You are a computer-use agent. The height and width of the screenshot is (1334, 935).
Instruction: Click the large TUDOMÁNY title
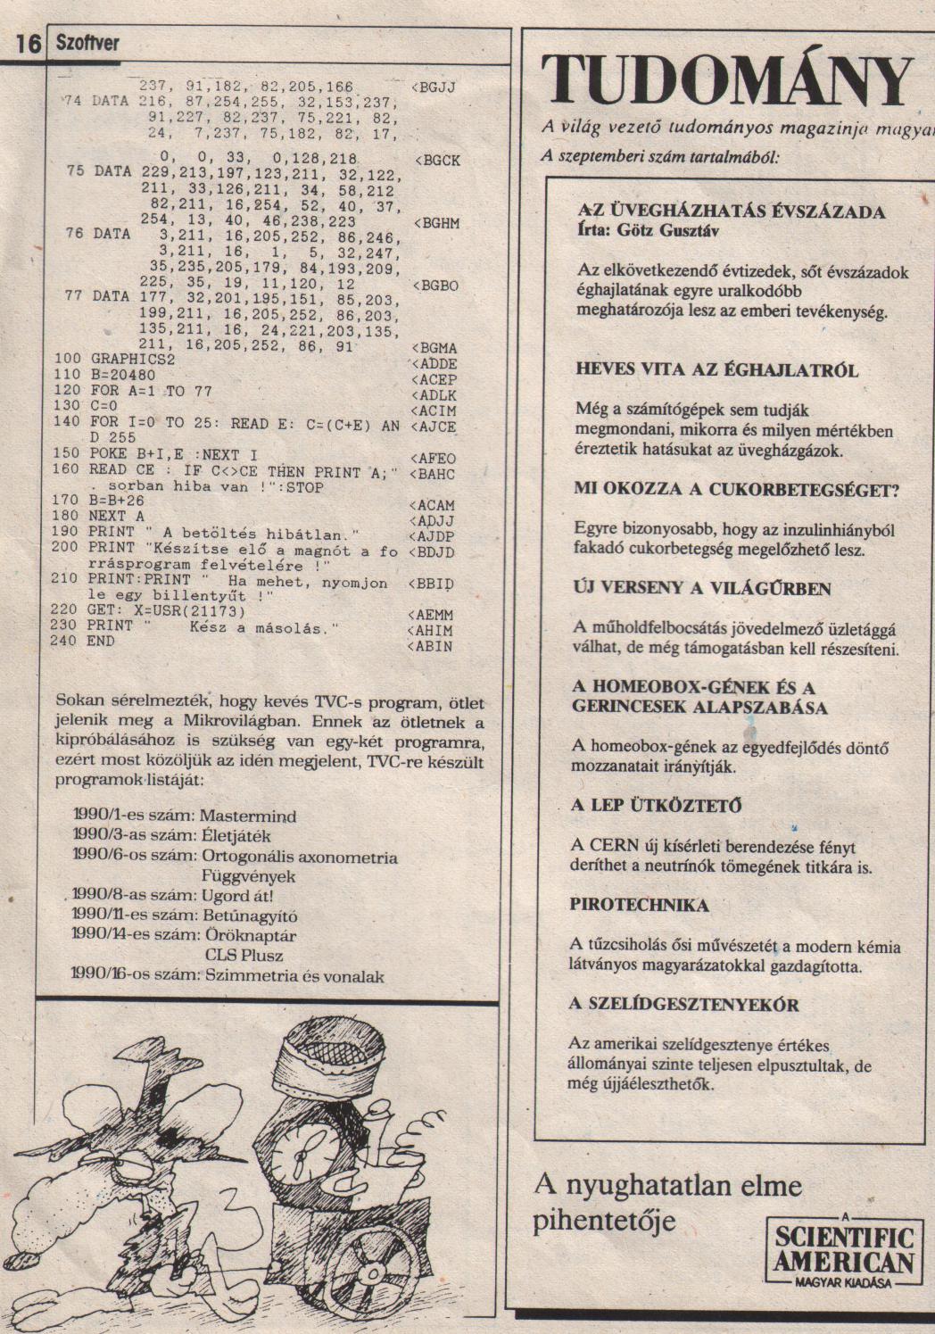727,79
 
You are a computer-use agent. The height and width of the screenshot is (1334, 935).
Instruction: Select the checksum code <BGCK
438,161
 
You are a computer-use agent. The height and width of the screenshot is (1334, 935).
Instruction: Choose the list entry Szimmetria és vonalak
294,976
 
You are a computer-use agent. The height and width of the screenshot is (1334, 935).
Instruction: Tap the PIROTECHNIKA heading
639,905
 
